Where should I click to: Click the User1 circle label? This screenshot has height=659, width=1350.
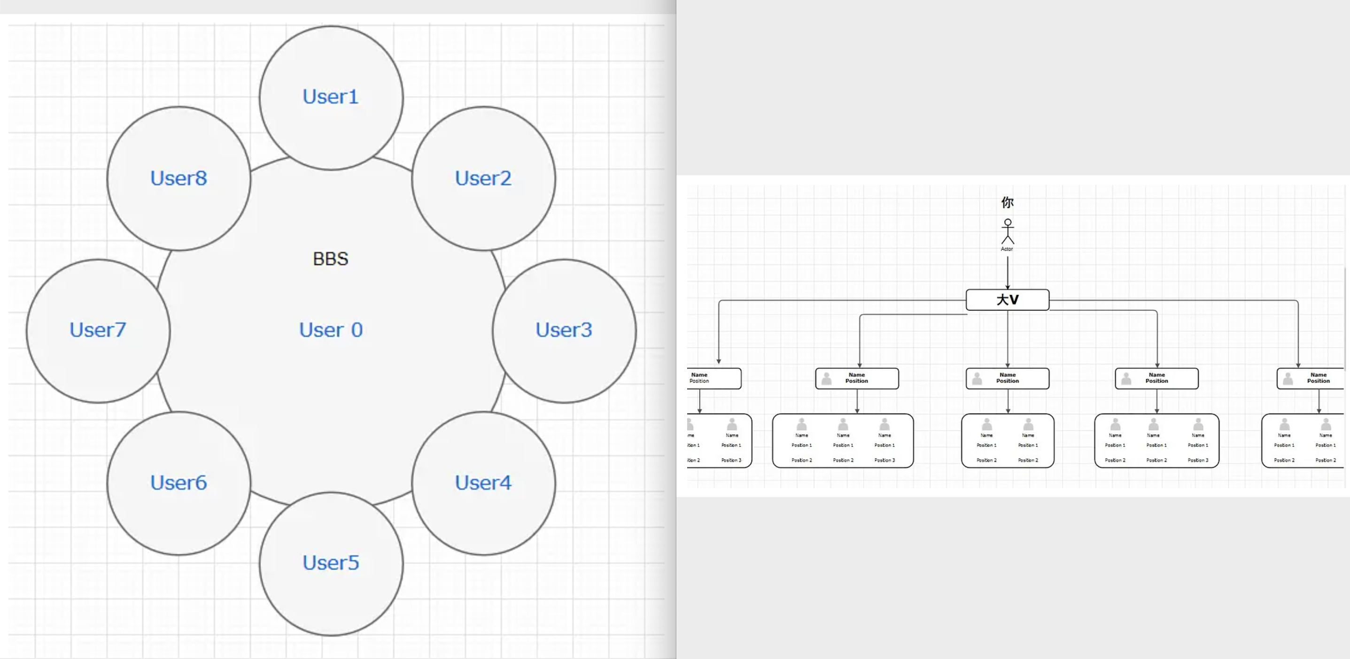click(x=331, y=97)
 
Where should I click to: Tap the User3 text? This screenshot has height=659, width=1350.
click(x=563, y=330)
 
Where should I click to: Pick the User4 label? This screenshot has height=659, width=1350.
click(x=483, y=483)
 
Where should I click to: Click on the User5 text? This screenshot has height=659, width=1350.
click(x=331, y=563)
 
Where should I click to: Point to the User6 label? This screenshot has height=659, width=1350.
click(x=178, y=483)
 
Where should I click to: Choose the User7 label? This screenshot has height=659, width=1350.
click(x=98, y=330)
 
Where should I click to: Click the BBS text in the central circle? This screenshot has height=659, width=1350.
click(x=330, y=259)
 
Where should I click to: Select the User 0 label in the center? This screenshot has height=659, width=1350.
click(x=331, y=330)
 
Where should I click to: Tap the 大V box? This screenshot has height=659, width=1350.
click(x=1007, y=299)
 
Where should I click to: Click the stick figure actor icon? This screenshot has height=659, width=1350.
click(x=1007, y=231)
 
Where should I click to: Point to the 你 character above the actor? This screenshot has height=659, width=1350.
click(x=1007, y=202)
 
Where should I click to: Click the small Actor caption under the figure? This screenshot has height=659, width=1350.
click(x=1007, y=249)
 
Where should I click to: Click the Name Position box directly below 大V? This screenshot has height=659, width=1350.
click(x=1007, y=378)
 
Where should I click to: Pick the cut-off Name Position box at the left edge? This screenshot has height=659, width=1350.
click(x=714, y=378)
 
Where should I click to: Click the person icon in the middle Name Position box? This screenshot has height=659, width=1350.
click(x=977, y=378)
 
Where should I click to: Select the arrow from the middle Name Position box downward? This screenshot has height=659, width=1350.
click(x=1007, y=401)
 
